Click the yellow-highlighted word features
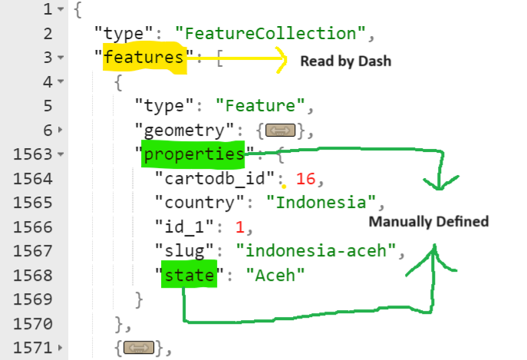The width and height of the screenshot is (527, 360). click(144, 58)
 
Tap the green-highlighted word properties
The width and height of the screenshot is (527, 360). click(193, 155)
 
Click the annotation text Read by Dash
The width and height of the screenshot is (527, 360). click(345, 61)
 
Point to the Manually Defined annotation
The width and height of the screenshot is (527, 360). click(428, 222)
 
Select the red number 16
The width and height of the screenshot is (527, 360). click(305, 179)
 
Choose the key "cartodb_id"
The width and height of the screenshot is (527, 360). click(198, 179)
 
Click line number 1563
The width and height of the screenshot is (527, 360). click(31, 155)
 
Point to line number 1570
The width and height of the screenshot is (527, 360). click(31, 323)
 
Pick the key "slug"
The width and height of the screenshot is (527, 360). click(178, 251)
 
